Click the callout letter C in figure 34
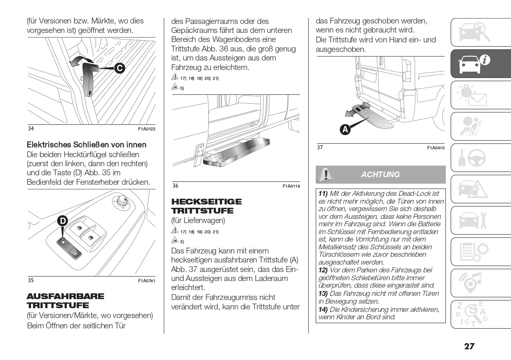[119, 68]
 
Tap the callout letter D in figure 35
[62, 221]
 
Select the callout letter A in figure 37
[345, 129]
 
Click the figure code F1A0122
[147, 129]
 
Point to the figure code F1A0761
[147, 281]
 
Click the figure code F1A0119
[291, 186]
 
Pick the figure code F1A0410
[436, 148]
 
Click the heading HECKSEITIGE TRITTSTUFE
[206, 206]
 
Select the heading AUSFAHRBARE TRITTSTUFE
[65, 301]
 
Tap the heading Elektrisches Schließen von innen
[86, 145]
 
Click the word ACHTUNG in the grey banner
[380, 174]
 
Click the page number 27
[469, 346]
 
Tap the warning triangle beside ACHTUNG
[325, 174]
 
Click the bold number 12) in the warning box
[323, 270]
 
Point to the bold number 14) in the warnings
[323, 309]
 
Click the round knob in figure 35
[121, 202]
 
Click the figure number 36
[175, 186]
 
